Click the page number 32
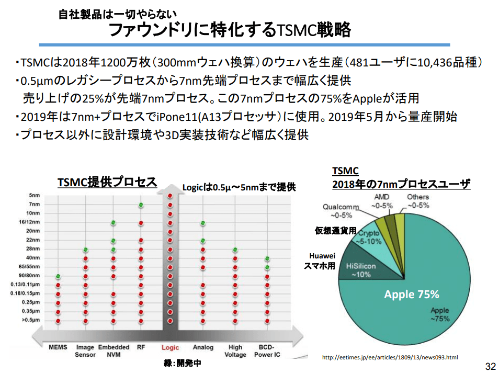coord(490,365)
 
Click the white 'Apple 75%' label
coord(412,294)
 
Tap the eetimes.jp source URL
coord(390,358)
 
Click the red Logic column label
coord(170,347)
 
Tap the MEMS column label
coord(58,347)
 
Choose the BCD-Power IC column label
coord(267,350)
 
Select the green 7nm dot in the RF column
coord(141,205)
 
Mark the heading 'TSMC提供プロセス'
coord(107,182)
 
